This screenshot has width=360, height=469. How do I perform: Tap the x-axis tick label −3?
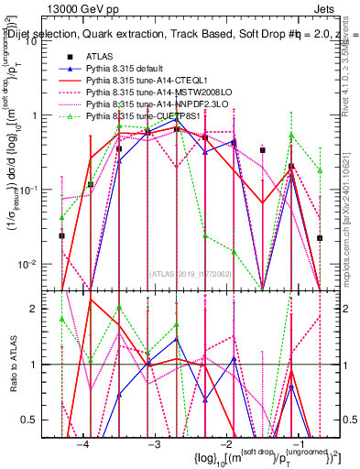[154, 442]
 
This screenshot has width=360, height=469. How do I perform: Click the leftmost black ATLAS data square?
[62, 235]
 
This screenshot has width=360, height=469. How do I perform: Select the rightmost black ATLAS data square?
[320, 237]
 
